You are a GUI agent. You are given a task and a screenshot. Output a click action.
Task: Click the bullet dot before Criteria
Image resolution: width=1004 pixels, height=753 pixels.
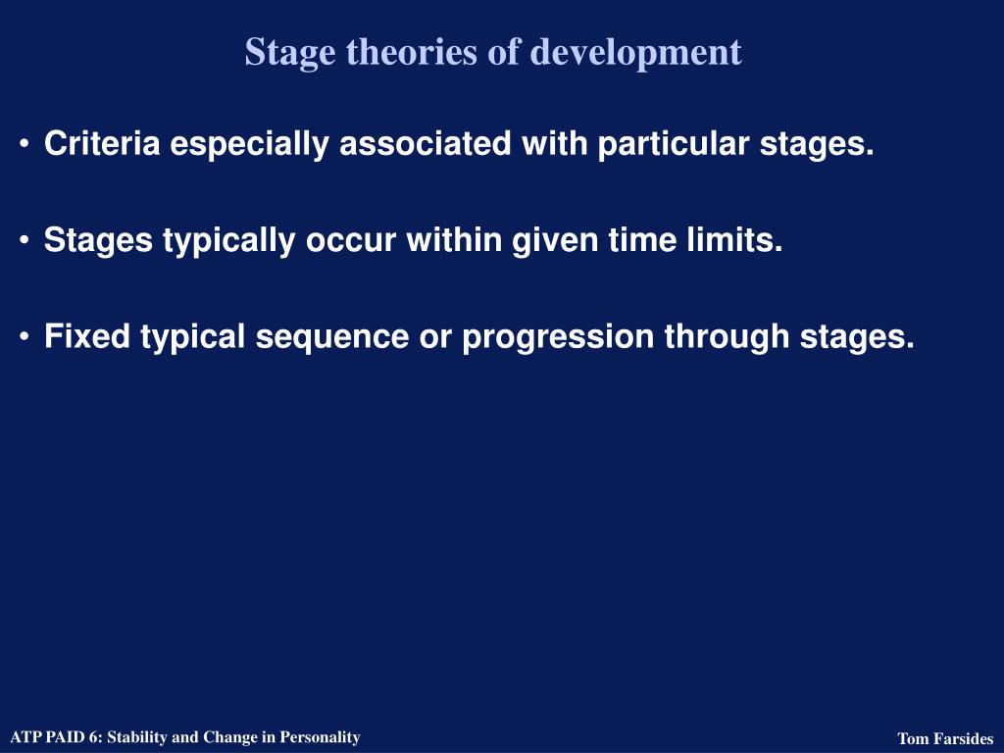pos(25,143)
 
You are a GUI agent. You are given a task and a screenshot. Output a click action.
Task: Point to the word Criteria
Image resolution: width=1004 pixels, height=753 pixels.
pos(102,143)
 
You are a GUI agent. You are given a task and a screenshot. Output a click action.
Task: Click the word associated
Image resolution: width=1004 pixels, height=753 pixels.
pos(426,143)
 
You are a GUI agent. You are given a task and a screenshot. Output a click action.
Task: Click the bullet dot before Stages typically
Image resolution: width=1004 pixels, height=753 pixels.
pos(25,240)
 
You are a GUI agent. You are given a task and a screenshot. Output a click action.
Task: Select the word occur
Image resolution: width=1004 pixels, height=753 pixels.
pos(351,241)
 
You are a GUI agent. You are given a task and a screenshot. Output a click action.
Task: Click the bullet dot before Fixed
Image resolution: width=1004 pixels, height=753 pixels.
pos(25,337)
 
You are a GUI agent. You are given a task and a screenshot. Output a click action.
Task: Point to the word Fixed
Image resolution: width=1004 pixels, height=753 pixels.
pos(87,336)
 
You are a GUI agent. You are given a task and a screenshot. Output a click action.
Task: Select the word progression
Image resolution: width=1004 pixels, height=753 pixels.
pos(558,338)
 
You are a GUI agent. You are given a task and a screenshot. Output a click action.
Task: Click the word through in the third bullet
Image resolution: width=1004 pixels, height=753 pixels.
pos(727,338)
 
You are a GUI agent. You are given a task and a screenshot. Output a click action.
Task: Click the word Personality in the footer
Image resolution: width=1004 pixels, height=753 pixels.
pos(321,737)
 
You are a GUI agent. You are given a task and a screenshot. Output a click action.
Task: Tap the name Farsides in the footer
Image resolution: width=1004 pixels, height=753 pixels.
pos(963,739)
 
